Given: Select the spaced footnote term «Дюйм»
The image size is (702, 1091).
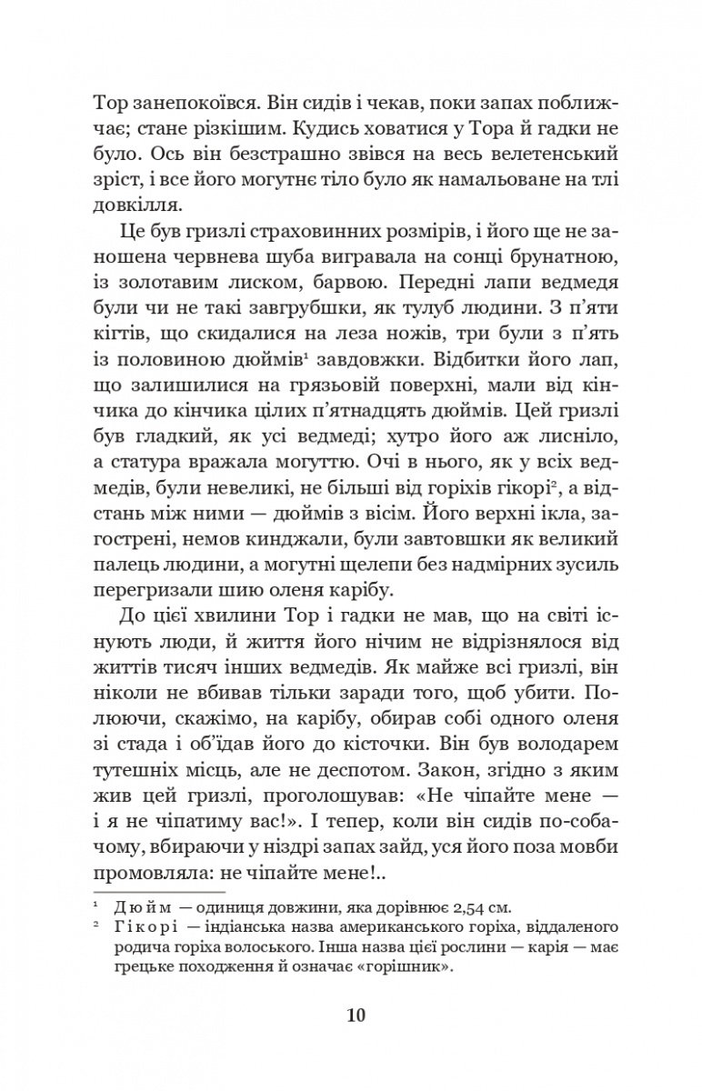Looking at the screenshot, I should click(x=136, y=908).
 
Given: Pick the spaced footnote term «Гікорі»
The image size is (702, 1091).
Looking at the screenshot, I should click(x=142, y=927).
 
